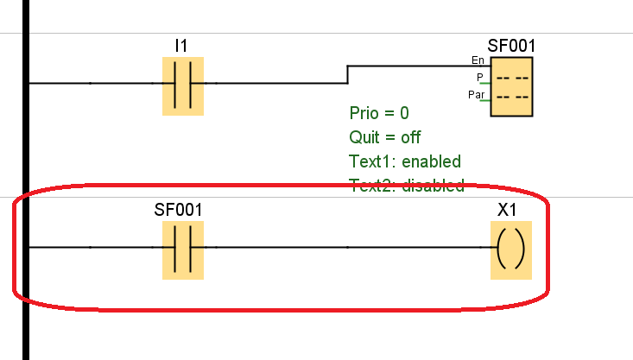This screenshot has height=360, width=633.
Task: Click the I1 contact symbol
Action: pos(183,85)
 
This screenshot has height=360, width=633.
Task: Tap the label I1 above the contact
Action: pos(181,45)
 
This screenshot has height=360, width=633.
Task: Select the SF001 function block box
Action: pos(511,87)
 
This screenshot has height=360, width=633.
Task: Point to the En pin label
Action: pos(478,60)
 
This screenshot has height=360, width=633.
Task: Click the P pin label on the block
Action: pos(480,77)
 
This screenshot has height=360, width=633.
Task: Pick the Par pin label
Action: pos(476,93)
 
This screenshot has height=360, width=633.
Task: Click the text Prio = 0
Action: pos(379,113)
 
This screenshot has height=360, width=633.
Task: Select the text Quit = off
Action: pos(385,137)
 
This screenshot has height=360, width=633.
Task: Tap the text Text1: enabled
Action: pos(405,161)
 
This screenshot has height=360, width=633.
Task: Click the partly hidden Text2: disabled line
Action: pos(407,185)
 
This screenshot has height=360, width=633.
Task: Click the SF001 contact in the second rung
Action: pos(183,249)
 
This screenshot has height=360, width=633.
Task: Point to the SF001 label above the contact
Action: pos(178,210)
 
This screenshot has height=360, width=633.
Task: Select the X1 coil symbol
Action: pos(511,250)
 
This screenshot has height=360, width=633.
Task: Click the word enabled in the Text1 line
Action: pos(432,161)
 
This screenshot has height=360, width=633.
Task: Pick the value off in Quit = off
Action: pos(410,137)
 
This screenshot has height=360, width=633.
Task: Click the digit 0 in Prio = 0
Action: pos(404,113)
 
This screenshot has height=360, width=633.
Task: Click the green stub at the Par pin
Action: pos(487,100)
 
